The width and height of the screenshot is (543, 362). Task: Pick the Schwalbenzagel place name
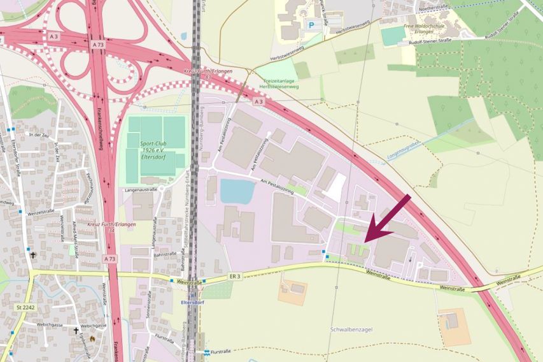(351, 329)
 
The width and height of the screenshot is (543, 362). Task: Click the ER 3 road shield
(236, 277)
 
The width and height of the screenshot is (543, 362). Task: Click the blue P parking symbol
(311, 25)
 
